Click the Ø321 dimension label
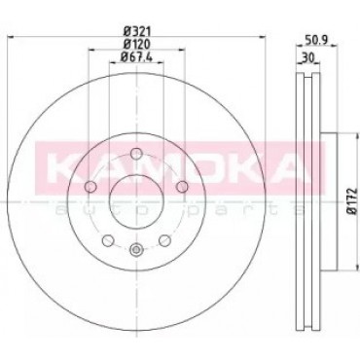coord(136,31)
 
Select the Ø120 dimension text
coord(136,44)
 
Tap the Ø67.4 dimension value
coord(136,56)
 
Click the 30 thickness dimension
coord(308,58)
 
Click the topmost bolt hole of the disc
coord(136,154)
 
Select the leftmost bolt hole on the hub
coord(90,187)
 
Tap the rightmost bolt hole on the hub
coord(183,187)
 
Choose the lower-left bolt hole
coord(108,240)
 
